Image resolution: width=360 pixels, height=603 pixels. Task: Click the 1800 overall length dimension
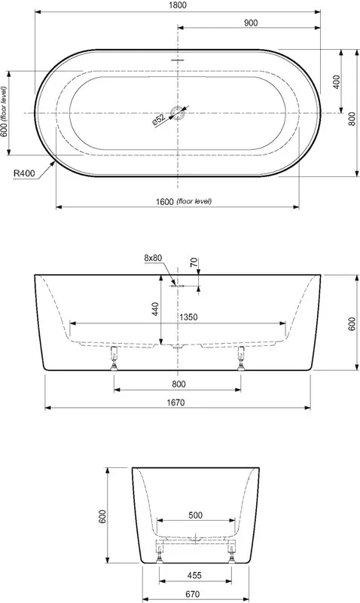point(178,5)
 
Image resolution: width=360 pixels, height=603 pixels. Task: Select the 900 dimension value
point(251,23)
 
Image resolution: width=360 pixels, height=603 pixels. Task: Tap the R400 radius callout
point(24,173)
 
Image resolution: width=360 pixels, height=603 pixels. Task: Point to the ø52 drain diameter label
point(158,120)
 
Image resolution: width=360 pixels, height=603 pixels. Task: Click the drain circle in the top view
point(178,113)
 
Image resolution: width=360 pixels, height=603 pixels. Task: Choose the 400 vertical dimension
point(336,81)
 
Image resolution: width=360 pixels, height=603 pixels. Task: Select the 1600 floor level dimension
point(184,201)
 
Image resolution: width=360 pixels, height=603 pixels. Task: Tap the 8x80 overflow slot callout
point(153,258)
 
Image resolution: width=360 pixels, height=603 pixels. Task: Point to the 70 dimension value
point(194,262)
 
